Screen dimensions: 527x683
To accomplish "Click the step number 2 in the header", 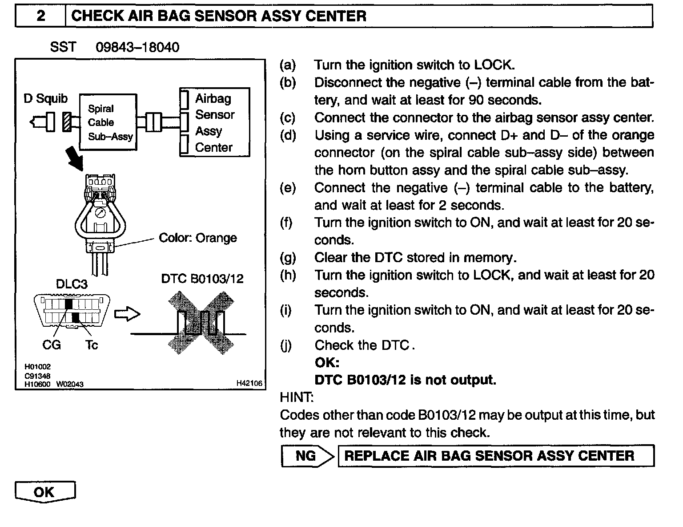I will click(x=40, y=16).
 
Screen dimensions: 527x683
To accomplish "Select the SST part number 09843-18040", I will click(x=137, y=47).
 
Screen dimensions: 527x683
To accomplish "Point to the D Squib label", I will click(x=45, y=98).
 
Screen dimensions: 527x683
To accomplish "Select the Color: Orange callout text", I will click(x=198, y=238).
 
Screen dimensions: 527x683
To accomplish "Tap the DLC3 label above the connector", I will click(x=72, y=284).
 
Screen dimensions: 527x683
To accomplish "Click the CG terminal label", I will click(x=52, y=345).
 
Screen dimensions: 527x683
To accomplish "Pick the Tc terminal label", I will click(x=91, y=345).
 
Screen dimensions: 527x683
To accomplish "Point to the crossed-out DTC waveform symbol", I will click(x=201, y=322).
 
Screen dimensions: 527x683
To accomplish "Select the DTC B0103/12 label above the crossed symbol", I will click(x=202, y=279).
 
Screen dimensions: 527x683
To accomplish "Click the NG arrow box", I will click(x=307, y=456).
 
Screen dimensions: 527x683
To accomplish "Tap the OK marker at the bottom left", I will click(x=44, y=492).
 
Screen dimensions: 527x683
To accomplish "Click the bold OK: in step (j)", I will click(x=327, y=363).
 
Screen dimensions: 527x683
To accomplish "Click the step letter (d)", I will click(x=288, y=135).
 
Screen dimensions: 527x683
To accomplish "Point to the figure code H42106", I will click(x=249, y=383).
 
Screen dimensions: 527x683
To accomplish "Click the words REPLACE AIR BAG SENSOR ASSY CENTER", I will click(x=489, y=456).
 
